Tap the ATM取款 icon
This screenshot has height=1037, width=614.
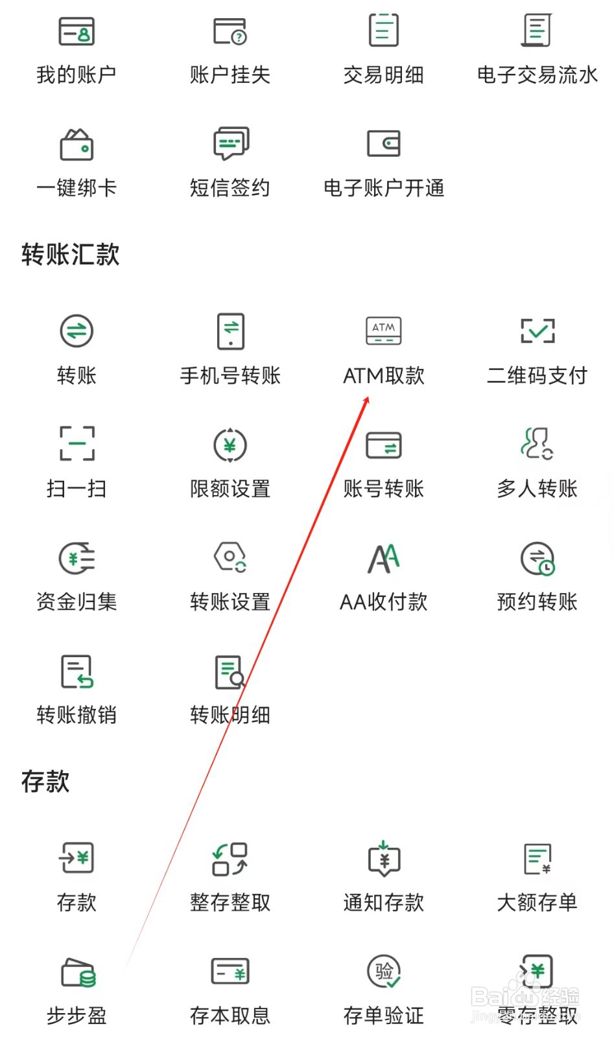click(x=383, y=331)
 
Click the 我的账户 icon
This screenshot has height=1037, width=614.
click(x=77, y=31)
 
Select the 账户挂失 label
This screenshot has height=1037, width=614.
click(x=230, y=75)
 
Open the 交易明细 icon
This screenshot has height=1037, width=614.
click(x=383, y=30)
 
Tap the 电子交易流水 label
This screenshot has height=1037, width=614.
click(x=537, y=75)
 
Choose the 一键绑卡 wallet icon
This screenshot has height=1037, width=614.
click(x=77, y=144)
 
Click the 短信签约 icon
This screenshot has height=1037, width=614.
click(x=230, y=143)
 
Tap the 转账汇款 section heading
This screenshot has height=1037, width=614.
click(x=70, y=254)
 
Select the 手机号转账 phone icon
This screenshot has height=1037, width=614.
click(x=230, y=331)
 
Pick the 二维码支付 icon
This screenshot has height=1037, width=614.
click(x=537, y=331)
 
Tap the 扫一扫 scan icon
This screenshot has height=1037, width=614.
click(x=77, y=443)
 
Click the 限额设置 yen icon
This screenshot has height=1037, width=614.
click(x=230, y=445)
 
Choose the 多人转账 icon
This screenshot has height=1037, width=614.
click(x=537, y=443)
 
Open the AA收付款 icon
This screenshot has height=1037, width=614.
click(x=383, y=558)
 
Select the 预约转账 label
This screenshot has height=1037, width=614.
click(x=537, y=602)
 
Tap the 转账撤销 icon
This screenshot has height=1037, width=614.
click(x=77, y=671)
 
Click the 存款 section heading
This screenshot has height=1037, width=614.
click(x=45, y=781)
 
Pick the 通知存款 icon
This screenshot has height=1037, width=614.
click(x=384, y=859)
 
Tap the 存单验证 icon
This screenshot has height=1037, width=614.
click(x=384, y=972)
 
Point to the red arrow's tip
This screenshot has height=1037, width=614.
click(x=368, y=397)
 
